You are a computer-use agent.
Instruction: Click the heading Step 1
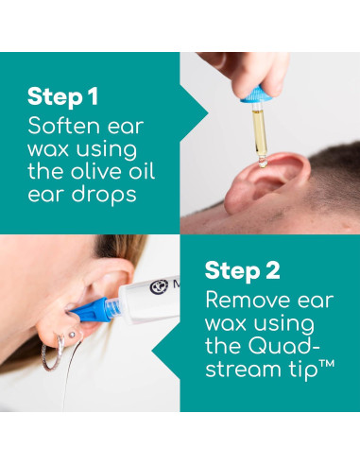point(64,96)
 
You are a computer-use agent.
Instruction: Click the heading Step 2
point(242,270)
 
